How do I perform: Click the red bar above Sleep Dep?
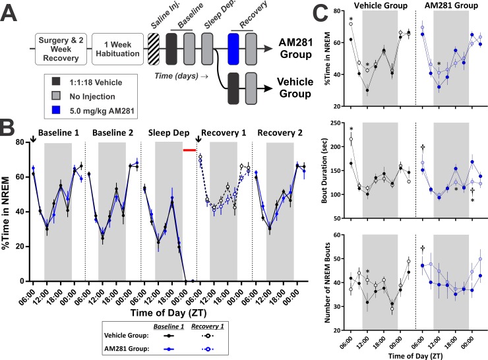click(x=190, y=150)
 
